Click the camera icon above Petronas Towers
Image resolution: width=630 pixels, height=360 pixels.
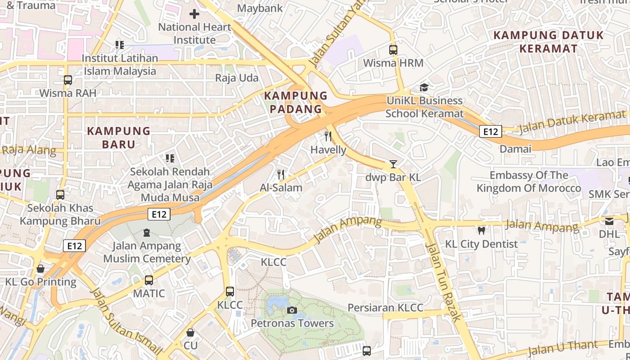pos(292,310)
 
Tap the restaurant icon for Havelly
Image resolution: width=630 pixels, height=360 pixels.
pos(328,136)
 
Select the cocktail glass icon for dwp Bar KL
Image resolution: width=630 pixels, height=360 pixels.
pos(393,164)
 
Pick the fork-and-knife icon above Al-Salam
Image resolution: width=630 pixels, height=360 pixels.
pos(281,175)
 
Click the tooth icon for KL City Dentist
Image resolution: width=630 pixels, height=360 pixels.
pos(481,231)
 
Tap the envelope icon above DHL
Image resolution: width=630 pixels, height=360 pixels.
pos(609,221)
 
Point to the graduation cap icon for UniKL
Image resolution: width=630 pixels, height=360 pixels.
pos(424,87)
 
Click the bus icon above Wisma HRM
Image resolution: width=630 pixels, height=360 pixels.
pos(393,50)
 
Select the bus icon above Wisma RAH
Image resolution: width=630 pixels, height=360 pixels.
pos(68,80)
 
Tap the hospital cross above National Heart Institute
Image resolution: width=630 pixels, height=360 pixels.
pos(194,14)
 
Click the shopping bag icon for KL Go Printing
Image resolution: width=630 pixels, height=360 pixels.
pos(40,269)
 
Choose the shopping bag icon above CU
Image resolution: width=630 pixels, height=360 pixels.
pos(190,333)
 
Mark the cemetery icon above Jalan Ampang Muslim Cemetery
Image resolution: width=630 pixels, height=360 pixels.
pos(146,233)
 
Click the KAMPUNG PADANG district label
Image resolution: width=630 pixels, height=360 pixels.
pos(296,102)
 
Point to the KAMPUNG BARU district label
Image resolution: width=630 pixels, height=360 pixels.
pos(118,138)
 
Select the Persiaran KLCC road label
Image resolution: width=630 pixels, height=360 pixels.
pos(385,308)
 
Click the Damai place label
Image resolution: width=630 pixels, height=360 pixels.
pos(515,148)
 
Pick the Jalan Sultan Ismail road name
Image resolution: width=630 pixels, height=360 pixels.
pos(126,320)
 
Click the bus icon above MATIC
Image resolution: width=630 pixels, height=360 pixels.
pos(149,280)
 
